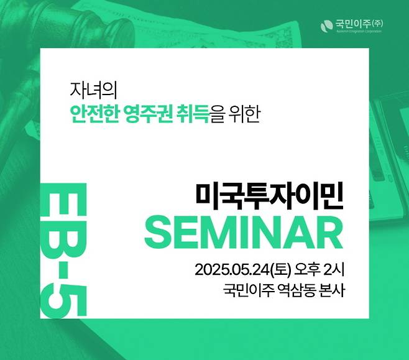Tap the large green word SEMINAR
coord(244,232)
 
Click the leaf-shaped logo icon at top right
coord(328,25)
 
